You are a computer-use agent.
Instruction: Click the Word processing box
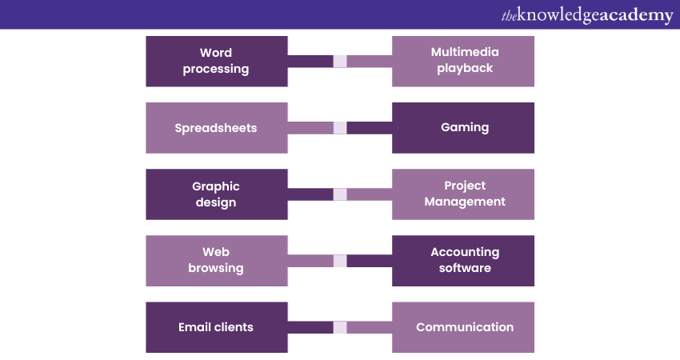pos(216,61)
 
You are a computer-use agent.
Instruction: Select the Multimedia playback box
pos(464,61)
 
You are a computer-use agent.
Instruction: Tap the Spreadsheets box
pos(216,128)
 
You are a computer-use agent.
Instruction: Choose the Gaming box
pos(464,128)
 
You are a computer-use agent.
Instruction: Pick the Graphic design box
pos(216,194)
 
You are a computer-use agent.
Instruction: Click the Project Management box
pos(464,194)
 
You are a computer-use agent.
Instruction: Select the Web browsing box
pos(216,261)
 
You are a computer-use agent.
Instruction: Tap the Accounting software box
pos(464,261)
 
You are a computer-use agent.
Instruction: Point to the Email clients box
pos(216,327)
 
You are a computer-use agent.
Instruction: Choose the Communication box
pos(464,327)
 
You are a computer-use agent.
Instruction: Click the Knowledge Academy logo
pos(587,15)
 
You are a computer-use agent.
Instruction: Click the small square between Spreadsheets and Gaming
pos(340,128)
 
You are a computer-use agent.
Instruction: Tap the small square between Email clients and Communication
pos(340,327)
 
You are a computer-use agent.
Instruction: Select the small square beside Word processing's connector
pos(340,62)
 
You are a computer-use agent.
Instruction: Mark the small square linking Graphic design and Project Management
pos(340,194)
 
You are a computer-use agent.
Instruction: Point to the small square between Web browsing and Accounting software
pos(340,261)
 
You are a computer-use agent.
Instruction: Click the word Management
pos(465,202)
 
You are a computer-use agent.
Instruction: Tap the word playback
pos(465,69)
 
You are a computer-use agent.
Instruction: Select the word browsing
pos(216,269)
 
